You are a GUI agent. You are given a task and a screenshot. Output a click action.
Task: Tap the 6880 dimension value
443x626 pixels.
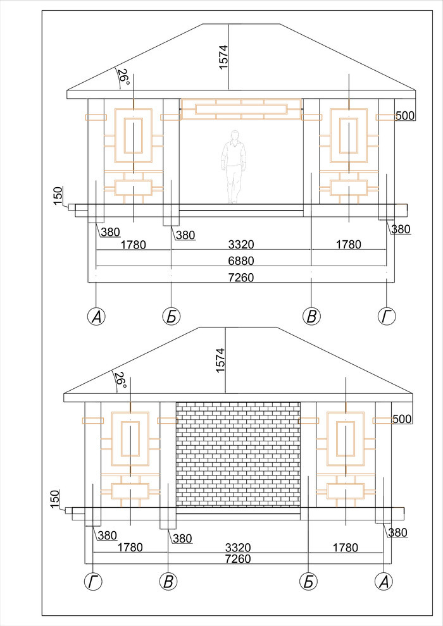241,261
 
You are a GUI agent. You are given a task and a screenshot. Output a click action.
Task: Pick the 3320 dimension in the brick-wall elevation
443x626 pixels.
239,547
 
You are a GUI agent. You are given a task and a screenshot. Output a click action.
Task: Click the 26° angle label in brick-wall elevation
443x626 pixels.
120,381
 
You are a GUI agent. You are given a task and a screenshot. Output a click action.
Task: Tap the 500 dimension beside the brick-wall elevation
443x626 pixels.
403,419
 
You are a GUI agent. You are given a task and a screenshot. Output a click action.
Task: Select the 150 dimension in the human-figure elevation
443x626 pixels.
58,195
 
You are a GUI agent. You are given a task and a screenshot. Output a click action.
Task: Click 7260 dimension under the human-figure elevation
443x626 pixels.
241,277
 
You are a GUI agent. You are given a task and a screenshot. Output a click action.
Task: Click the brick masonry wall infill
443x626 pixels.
238,455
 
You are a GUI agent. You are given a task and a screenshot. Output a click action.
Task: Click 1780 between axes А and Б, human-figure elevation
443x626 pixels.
134,244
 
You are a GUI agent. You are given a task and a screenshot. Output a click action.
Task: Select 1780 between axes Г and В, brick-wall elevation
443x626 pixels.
130,547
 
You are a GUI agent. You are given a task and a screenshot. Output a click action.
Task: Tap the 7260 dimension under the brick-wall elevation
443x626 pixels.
239,559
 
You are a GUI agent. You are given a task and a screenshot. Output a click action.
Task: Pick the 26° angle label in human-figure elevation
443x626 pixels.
123,77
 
